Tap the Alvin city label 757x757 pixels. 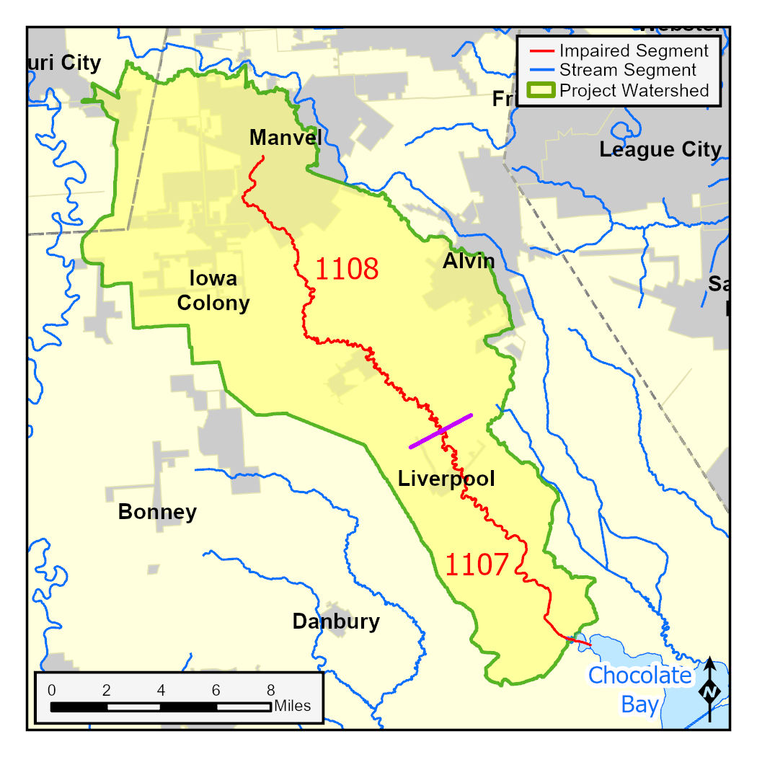[x=469, y=261]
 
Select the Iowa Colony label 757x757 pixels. [x=213, y=291]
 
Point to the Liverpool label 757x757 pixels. [x=446, y=479]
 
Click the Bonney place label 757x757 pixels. [x=157, y=513]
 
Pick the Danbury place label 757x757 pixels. [x=336, y=621]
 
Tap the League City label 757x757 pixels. [x=660, y=150]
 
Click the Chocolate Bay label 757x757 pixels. [x=639, y=689]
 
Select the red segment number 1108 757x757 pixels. [x=346, y=269]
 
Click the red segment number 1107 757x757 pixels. [x=477, y=565]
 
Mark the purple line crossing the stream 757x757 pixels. [x=441, y=431]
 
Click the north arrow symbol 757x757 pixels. [x=711, y=689]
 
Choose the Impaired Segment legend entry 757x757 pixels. [x=634, y=51]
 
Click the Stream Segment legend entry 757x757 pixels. [x=627, y=71]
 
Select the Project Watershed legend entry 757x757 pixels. [x=634, y=91]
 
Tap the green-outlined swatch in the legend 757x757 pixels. [x=541, y=91]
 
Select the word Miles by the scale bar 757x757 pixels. [x=293, y=706]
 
